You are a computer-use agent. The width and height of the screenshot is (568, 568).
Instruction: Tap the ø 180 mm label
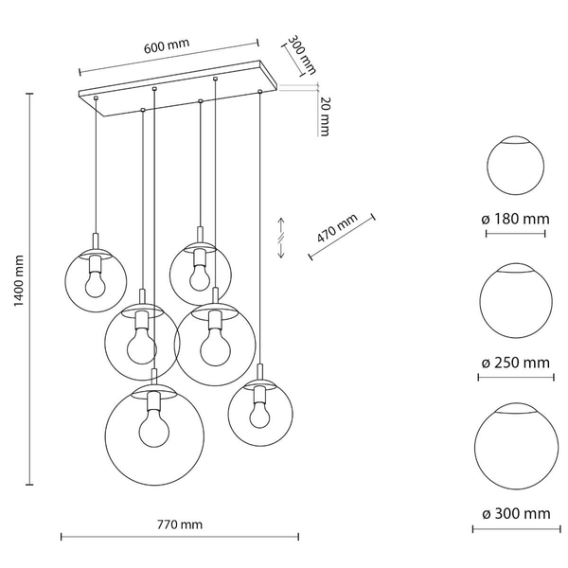pos(515,219)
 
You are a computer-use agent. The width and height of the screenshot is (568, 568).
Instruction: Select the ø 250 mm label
pos(515,363)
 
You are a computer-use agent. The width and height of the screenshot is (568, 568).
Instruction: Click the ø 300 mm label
pos(515,513)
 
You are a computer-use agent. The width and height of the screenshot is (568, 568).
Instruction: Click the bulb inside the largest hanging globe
pos(153,431)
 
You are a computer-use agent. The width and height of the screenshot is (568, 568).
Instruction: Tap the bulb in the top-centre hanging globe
pos(199,276)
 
